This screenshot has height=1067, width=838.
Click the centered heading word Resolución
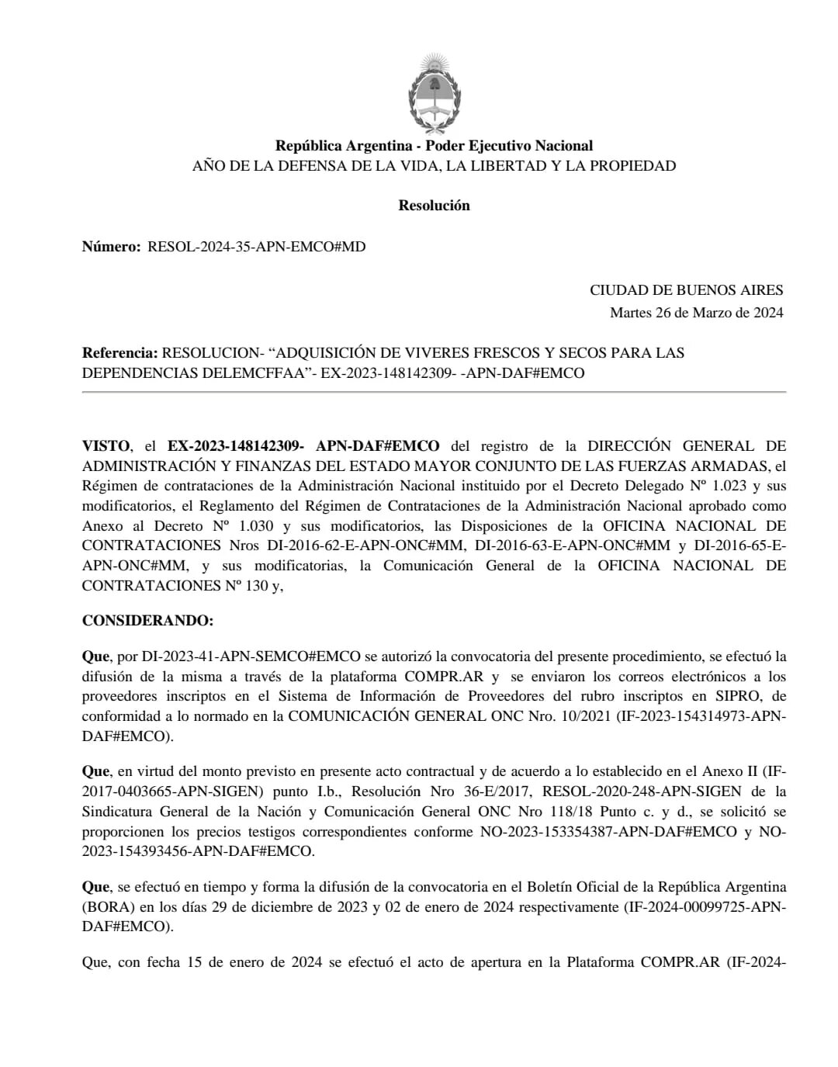tap(434, 206)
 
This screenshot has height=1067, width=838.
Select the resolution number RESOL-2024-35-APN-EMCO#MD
tap(256, 247)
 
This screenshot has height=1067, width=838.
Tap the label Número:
tap(112, 247)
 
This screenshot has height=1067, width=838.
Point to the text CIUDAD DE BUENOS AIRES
tap(686, 290)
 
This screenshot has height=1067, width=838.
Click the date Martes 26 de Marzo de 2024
tap(696, 313)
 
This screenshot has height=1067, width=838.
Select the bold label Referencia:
tap(119, 353)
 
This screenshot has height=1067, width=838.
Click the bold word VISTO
tap(106, 446)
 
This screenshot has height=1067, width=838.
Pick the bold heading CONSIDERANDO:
tap(147, 622)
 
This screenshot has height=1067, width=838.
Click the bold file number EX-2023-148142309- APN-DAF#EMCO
tap(303, 446)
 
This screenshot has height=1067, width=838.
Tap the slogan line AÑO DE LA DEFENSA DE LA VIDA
tap(434, 166)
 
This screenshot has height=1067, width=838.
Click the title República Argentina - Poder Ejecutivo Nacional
tap(434, 146)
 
